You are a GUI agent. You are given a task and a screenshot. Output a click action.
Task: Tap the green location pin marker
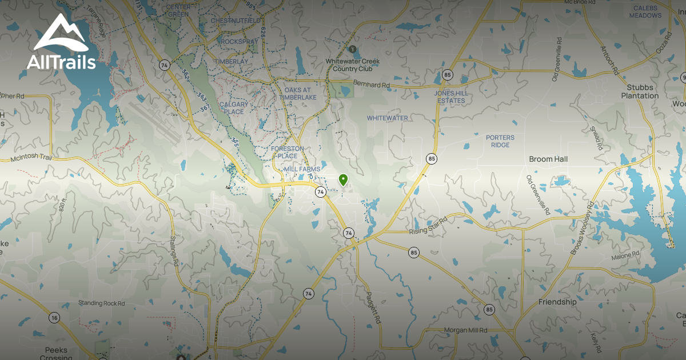(343, 180)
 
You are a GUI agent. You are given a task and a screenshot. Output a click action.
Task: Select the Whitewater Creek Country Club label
(349, 65)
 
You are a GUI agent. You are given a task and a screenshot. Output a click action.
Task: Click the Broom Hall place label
(548, 159)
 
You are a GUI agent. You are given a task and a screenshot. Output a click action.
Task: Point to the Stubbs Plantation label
(640, 91)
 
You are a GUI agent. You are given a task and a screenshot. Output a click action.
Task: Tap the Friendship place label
(557, 302)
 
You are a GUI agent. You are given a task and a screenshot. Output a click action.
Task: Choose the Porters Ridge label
(500, 141)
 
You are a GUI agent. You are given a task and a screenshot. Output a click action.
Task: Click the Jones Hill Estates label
(450, 97)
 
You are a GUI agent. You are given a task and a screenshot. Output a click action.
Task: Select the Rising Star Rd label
(428, 226)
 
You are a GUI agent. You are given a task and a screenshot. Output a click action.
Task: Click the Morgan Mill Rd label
(466, 330)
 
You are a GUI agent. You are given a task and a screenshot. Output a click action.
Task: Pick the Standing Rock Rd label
(101, 303)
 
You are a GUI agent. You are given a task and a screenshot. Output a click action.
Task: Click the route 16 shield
(54, 318)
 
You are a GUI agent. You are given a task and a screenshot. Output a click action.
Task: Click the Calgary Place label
(233, 108)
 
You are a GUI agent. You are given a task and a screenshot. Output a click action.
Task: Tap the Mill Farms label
(301, 170)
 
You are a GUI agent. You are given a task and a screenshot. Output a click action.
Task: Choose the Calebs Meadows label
(646, 11)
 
